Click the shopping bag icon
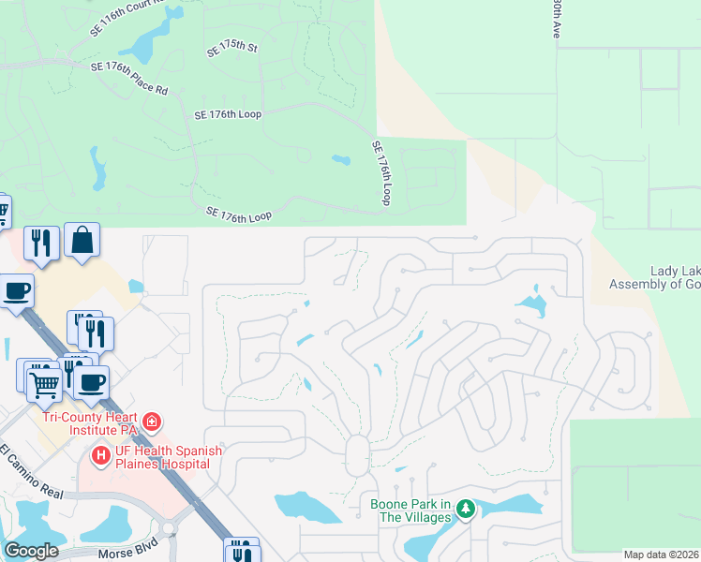point(82,240)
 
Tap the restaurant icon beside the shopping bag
point(41,243)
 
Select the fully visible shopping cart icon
point(44,381)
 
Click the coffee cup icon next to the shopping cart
point(91,381)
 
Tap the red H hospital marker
point(100,456)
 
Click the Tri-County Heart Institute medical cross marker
point(152,422)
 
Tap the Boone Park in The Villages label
point(410,510)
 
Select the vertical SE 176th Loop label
point(381,173)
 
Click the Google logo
point(31,551)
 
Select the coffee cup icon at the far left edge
point(16,291)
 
